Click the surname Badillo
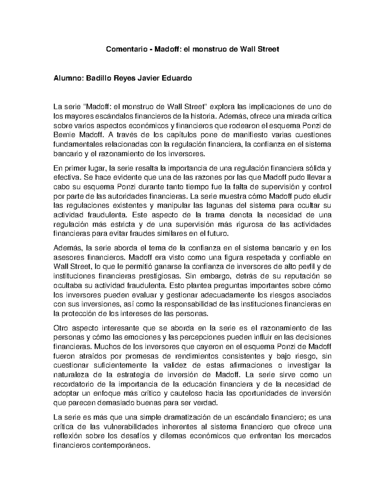point(97,78)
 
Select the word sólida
point(313,168)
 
